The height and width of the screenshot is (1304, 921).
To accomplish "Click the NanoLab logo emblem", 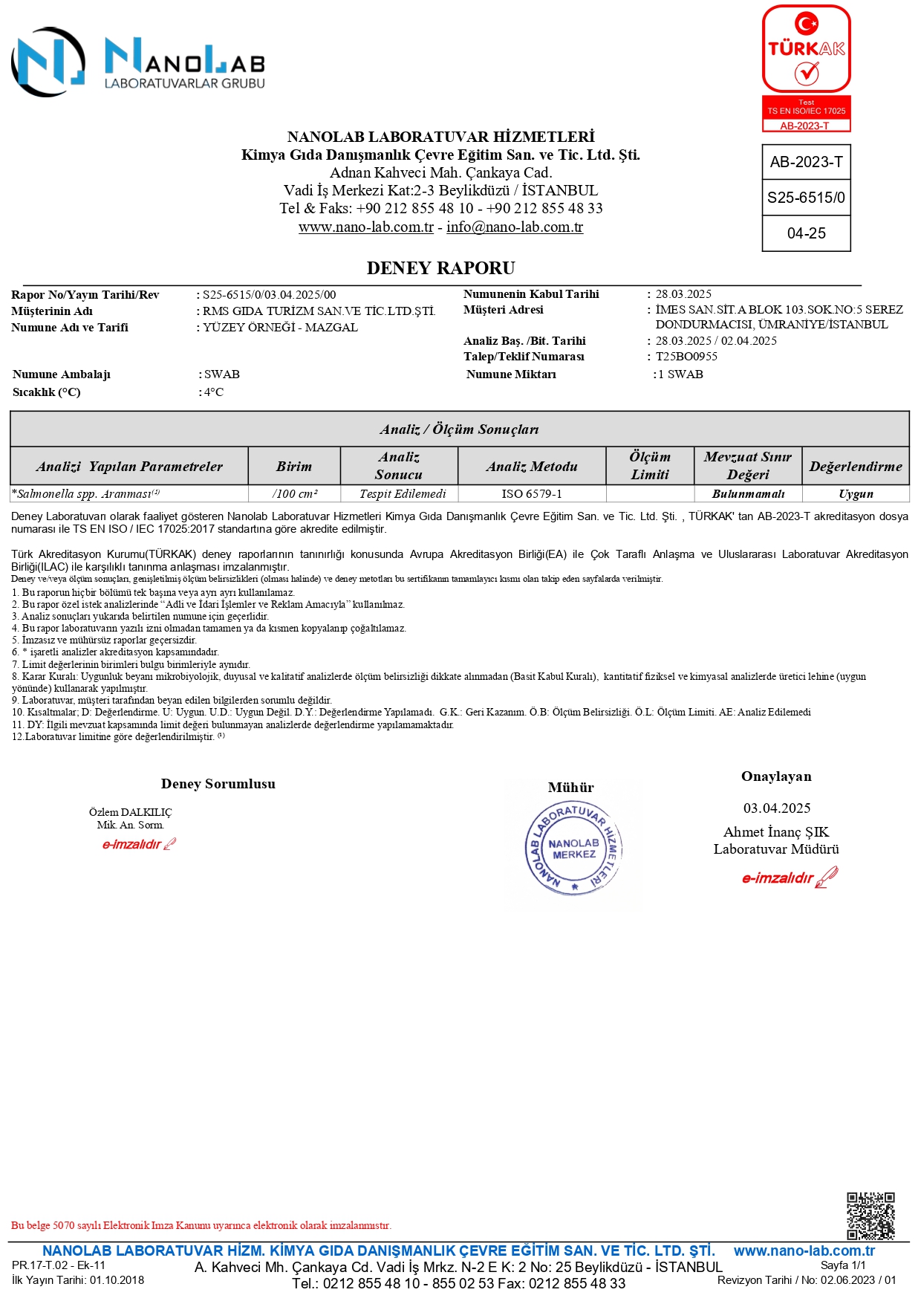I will point(48,62).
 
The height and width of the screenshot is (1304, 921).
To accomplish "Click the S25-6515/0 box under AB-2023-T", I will point(806,198).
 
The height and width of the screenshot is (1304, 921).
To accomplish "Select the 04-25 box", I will point(806,233).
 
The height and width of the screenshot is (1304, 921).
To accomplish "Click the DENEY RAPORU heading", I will point(440,268).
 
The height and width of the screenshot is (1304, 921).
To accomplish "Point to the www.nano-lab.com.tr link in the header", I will point(365,227).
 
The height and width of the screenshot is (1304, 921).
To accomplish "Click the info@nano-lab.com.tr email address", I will point(515,227).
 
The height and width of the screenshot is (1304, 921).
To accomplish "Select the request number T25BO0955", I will point(686,357).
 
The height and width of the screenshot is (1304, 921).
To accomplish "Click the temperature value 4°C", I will point(214,392).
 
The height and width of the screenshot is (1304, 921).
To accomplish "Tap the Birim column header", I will point(294,467).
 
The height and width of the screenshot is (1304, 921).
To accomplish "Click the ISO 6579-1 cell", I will point(532,494).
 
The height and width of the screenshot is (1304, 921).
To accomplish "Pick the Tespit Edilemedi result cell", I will point(403,494).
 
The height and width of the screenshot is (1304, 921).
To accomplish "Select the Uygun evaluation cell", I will point(856,494).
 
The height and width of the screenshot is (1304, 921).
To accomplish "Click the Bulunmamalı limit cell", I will point(748,494).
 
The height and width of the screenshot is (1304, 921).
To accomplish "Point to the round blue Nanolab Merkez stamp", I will point(573,849).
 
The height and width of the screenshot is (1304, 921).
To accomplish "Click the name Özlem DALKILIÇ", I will point(130,812).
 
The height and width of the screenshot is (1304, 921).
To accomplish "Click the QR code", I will point(870,1216).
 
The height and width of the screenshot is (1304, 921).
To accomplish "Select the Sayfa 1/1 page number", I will point(843,1265).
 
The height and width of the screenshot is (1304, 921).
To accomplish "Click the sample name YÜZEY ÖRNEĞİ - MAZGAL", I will point(281,328).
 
